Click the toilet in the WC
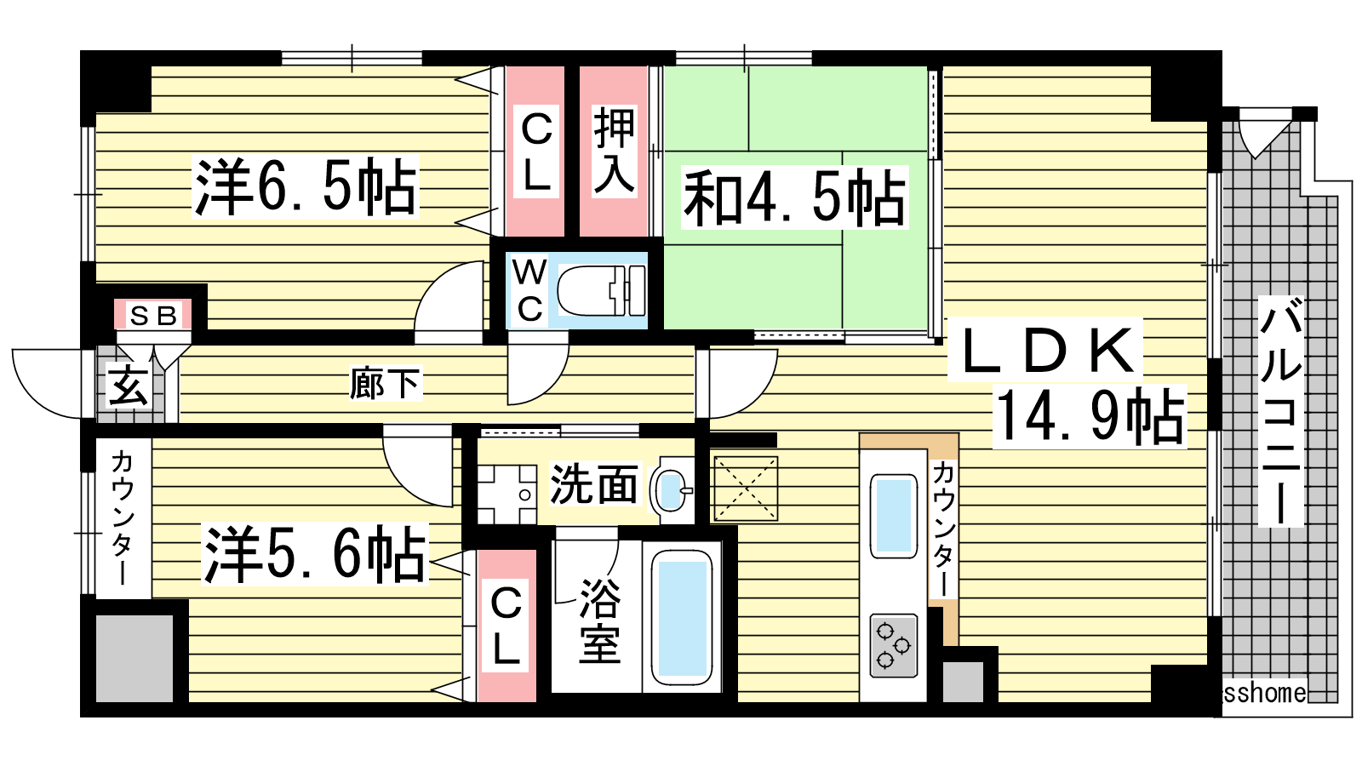(601, 291)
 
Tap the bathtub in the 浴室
(682, 618)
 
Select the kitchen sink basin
(893, 516)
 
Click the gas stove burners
(893, 646)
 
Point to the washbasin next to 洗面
(671, 490)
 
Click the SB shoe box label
(153, 316)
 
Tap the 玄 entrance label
(128, 386)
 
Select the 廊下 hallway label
(385, 383)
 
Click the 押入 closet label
(614, 151)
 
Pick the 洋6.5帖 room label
(306, 186)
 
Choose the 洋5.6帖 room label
(314, 554)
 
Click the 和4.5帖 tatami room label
(795, 197)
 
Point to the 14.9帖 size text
(1090, 416)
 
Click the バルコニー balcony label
(1280, 411)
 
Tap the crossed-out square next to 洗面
(746, 489)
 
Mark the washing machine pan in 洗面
(507, 494)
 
